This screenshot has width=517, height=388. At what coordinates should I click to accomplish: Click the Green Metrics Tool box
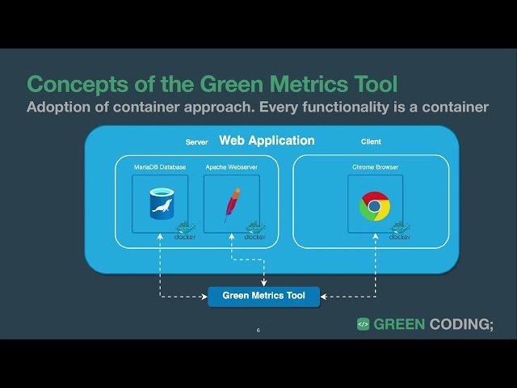pyautogui.click(x=263, y=296)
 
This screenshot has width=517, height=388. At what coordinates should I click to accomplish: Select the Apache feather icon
pyautogui.click(x=233, y=203)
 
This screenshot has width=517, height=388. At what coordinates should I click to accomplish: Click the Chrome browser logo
pyautogui.click(x=374, y=206)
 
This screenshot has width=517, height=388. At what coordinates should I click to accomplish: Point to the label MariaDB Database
pyautogui.click(x=160, y=167)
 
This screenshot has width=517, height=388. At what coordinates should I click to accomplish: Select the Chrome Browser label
pyautogui.click(x=375, y=167)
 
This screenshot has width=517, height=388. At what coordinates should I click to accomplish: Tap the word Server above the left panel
pyautogui.click(x=197, y=142)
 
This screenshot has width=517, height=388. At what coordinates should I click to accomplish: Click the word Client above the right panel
pyautogui.click(x=371, y=142)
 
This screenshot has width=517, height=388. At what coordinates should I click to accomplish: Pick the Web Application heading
pyautogui.click(x=267, y=141)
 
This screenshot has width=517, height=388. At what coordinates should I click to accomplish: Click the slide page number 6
pyautogui.click(x=258, y=330)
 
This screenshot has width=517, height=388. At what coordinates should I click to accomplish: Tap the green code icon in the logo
pyautogui.click(x=364, y=324)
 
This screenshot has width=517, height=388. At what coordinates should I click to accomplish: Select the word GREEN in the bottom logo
pyautogui.click(x=401, y=324)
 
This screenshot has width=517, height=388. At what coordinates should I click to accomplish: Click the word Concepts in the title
pyautogui.click(x=71, y=84)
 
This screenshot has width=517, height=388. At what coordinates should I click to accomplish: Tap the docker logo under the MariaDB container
pyautogui.click(x=185, y=231)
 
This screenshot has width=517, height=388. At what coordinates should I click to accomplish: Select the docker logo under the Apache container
pyautogui.click(x=255, y=231)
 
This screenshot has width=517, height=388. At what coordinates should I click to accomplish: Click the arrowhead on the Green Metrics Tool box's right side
pyautogui.click(x=323, y=297)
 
